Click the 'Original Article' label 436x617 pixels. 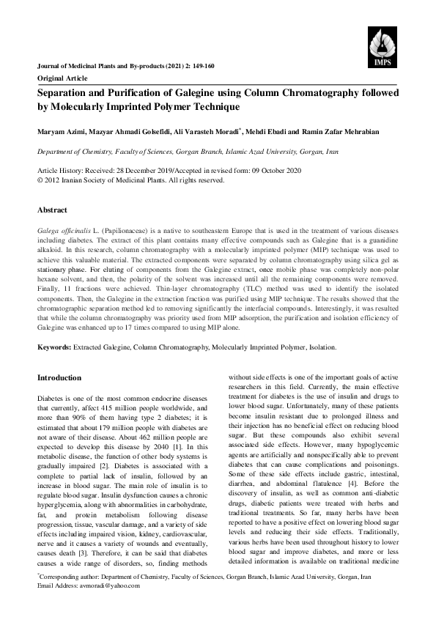(62, 78)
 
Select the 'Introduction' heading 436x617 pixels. (59, 377)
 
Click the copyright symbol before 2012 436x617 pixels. (40, 180)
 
